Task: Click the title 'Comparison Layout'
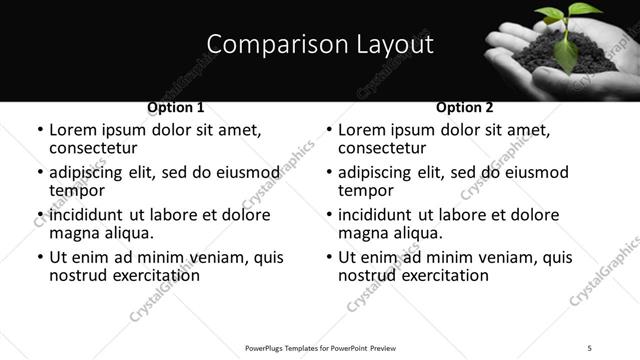(x=319, y=44)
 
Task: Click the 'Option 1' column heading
(x=176, y=107)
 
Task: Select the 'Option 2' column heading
(x=465, y=107)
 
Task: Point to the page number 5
(x=590, y=347)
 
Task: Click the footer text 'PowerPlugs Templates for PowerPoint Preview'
(x=320, y=347)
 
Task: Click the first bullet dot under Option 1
(x=39, y=131)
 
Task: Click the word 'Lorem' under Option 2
(x=361, y=130)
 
